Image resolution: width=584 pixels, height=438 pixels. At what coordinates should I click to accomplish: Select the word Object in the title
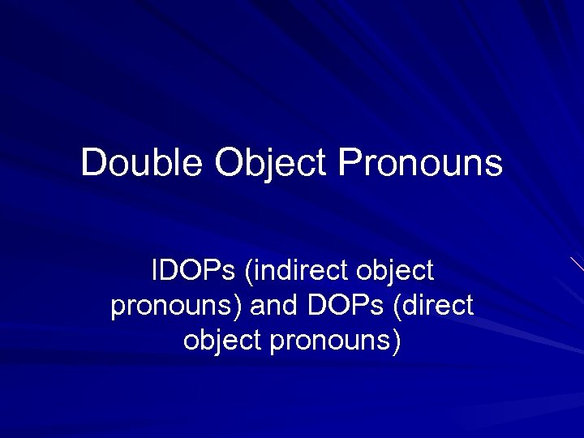(x=272, y=163)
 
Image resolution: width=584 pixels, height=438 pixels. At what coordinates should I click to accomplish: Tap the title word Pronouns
(x=420, y=163)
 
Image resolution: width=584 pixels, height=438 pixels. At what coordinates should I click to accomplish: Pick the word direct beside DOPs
(x=439, y=306)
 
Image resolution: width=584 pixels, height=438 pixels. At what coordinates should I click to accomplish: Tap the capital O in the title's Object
(x=229, y=162)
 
